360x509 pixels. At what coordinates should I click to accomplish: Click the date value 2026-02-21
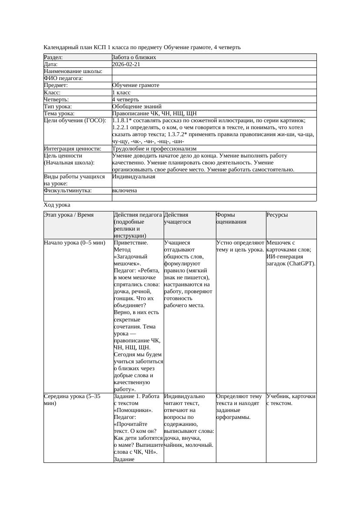pos(126,64)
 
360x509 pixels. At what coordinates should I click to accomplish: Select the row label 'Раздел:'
pos(54,57)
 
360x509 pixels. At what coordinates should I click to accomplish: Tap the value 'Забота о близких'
pos(134,57)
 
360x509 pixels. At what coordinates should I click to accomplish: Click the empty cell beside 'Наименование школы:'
pos(214,71)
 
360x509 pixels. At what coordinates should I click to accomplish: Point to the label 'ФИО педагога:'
pos(64,78)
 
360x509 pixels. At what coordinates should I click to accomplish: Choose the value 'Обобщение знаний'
pos(137,107)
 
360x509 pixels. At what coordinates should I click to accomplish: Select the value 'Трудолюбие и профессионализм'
pos(154,149)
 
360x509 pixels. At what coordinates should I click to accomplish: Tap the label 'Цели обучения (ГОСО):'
pos(75,121)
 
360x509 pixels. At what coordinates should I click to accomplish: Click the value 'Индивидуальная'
pos(134,177)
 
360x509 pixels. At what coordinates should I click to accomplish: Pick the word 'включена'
pos(124,191)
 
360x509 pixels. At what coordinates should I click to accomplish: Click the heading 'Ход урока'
pos(57,205)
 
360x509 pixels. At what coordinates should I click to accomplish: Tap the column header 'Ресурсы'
pos(277,215)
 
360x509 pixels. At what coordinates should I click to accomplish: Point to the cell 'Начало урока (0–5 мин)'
pos(75,243)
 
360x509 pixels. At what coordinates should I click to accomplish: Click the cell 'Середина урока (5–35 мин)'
pos(72,400)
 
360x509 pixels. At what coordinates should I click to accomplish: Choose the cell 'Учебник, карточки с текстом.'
pos(291,400)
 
